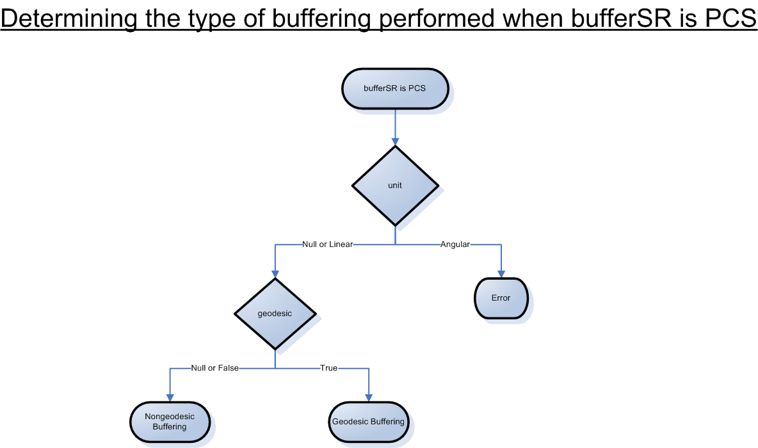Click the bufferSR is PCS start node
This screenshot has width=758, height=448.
[x=394, y=89]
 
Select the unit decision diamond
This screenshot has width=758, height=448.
[x=395, y=186]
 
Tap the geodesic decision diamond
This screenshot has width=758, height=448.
[x=275, y=314]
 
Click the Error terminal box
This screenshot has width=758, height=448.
[x=501, y=298]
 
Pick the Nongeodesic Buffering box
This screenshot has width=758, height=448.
[x=170, y=422]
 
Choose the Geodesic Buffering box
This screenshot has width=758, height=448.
[x=368, y=422]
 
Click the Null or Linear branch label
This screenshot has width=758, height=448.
[x=327, y=244]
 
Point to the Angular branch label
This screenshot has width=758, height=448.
[x=455, y=244]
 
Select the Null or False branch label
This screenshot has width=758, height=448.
[x=214, y=368]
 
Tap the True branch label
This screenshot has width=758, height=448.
[x=328, y=368]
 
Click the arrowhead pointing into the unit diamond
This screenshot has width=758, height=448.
[x=395, y=141]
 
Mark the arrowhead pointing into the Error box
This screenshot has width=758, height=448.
[x=501, y=273]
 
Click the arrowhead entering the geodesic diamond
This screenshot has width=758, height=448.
[x=275, y=273]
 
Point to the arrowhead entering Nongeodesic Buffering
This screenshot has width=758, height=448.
[x=170, y=397]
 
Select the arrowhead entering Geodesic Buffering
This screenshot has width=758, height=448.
[x=369, y=397]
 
